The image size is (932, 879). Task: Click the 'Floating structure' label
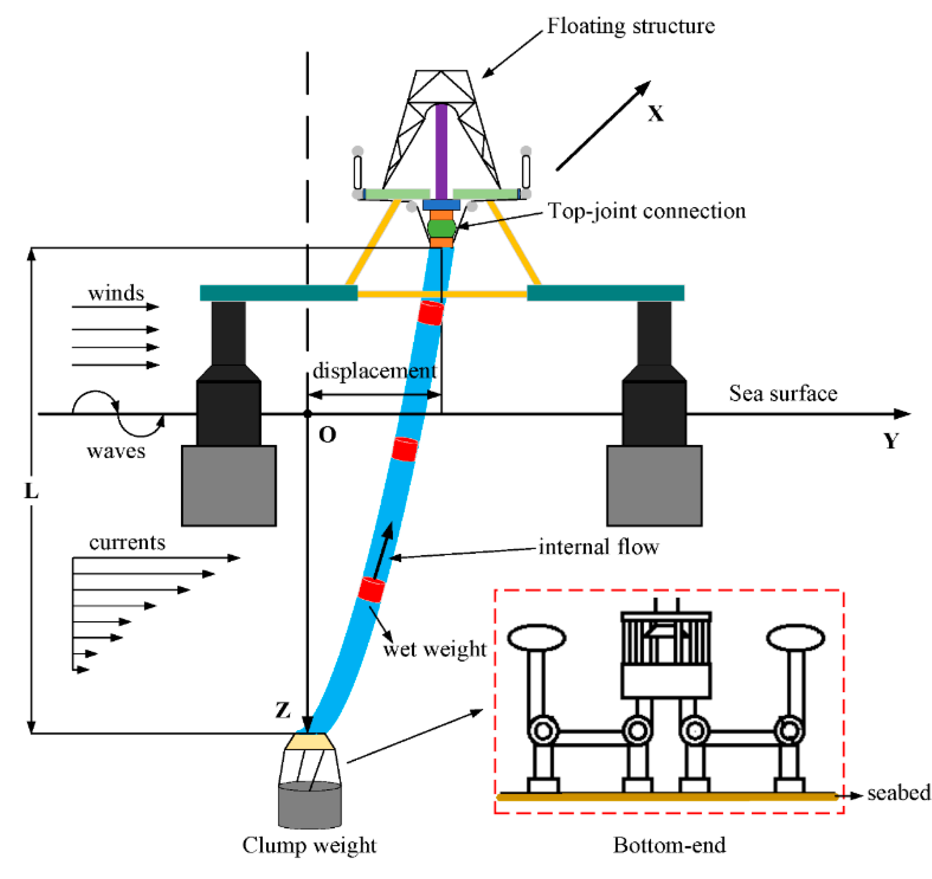tap(631, 26)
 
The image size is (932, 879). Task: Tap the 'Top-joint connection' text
tap(647, 211)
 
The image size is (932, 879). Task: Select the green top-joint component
tap(441, 229)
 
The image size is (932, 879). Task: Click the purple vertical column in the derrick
tap(441, 152)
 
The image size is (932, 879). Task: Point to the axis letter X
tap(656, 114)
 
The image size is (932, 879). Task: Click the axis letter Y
tap(891, 441)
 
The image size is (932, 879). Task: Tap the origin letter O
tap(327, 435)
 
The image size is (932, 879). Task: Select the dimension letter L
tap(31, 491)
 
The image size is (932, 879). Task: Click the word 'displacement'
tap(375, 371)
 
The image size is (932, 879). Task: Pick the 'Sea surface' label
tap(783, 394)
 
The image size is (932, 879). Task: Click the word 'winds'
tap(116, 293)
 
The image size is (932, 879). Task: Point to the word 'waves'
tap(116, 451)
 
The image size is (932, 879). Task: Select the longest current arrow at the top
tap(157, 558)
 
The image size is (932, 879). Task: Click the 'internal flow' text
tap(599, 547)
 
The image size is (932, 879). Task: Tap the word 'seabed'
tap(899, 793)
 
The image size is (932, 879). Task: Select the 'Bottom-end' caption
tap(670, 845)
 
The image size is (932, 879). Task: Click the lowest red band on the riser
tap(371, 590)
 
